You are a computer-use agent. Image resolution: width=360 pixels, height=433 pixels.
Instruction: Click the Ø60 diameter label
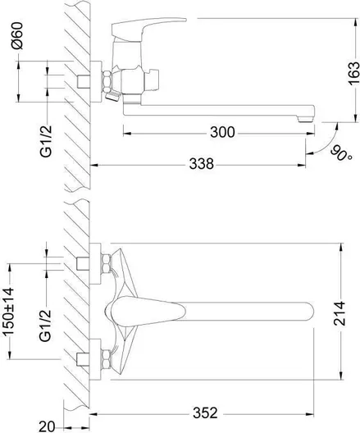pyautogui.click(x=17, y=36)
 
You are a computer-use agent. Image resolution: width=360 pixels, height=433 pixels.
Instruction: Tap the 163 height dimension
pyautogui.click(x=354, y=74)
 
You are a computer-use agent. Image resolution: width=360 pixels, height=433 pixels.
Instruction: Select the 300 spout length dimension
pyautogui.click(x=222, y=132)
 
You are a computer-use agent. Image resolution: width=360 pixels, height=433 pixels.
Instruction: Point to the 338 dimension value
pyautogui.click(x=201, y=164)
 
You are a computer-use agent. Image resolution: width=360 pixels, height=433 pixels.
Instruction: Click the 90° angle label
pyautogui.click(x=342, y=153)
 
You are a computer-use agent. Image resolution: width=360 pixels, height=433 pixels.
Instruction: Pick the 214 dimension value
pyautogui.click(x=339, y=314)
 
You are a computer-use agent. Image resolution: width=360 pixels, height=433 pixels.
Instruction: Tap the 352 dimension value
pyautogui.click(x=205, y=413)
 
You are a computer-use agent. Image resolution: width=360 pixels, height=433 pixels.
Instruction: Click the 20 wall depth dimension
pyautogui.click(x=47, y=426)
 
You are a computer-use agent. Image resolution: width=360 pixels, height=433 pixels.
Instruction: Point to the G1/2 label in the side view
pyautogui.click(x=46, y=141)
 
